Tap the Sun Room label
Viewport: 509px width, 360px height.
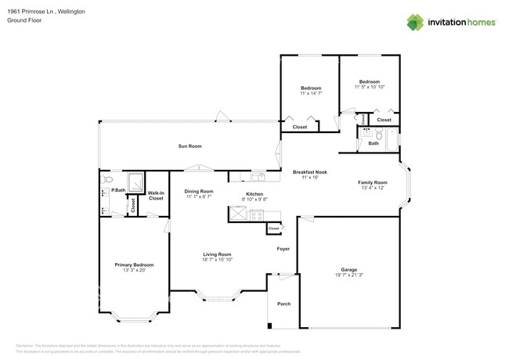click(190, 146)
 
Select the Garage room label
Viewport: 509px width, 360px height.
click(348, 268)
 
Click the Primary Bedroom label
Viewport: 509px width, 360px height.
click(129, 265)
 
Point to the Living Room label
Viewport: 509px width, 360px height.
click(217, 254)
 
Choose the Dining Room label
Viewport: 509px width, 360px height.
click(199, 192)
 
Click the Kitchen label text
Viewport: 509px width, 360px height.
click(254, 194)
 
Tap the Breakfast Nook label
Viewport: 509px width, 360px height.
click(310, 172)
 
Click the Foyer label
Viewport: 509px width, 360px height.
click(283, 249)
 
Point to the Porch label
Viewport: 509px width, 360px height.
click(283, 304)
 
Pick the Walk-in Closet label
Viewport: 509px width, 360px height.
click(156, 196)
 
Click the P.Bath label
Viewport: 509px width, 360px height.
click(118, 190)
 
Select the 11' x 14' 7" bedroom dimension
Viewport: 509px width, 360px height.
click(311, 94)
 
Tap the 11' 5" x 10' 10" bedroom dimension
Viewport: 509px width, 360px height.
click(369, 88)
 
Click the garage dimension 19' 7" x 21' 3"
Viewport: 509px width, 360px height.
click(348, 275)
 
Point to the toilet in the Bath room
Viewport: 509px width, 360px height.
click(366, 133)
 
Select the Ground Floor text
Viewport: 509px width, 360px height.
click(24, 21)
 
